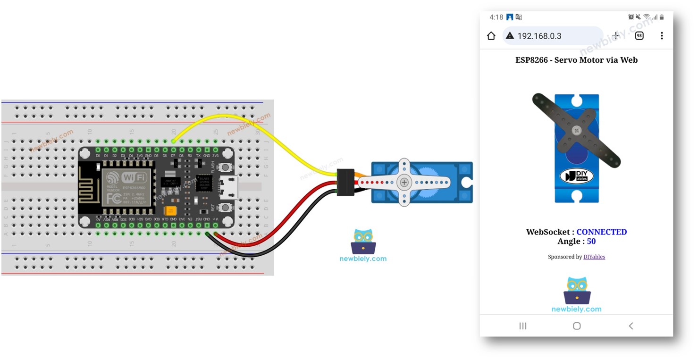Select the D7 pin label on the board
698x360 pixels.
(173, 155)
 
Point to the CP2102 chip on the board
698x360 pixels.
(204, 183)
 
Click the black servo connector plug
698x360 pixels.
(346, 182)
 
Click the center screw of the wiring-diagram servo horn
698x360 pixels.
(404, 182)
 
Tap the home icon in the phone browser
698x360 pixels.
(491, 36)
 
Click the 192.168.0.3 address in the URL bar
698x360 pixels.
(539, 36)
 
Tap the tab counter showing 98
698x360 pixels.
(639, 36)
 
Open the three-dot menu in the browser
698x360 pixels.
(662, 36)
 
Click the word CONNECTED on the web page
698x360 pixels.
(602, 232)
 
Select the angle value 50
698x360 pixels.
(591, 241)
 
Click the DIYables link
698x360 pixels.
(594, 257)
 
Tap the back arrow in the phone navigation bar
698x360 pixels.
(631, 326)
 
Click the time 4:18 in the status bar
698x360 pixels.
(496, 17)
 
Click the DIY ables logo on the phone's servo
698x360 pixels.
(576, 176)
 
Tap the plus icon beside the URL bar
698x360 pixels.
(616, 36)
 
